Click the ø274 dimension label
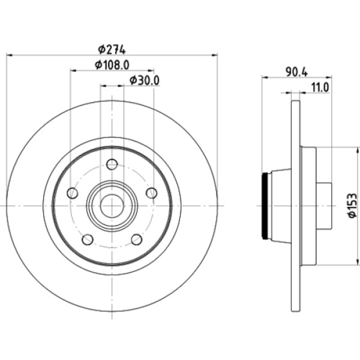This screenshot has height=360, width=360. [111, 48]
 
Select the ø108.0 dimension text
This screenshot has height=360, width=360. [112, 64]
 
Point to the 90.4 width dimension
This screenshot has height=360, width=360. [296, 71]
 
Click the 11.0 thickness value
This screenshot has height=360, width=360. [319, 87]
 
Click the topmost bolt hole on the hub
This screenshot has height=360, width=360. [112, 164]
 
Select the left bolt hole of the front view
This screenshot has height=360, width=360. [73, 193]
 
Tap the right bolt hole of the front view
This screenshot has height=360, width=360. [151, 193]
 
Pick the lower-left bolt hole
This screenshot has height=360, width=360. [88, 239]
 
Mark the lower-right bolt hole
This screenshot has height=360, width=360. [136, 239]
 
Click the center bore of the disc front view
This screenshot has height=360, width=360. [112, 205]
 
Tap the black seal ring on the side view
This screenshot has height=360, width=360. [266, 206]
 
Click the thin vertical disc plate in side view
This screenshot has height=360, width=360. [295, 206]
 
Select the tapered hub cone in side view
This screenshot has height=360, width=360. [280, 206]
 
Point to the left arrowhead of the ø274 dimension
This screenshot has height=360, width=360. [9, 55]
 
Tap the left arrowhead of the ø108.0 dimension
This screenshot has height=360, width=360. [73, 71]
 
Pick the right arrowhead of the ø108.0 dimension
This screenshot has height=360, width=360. [151, 71]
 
